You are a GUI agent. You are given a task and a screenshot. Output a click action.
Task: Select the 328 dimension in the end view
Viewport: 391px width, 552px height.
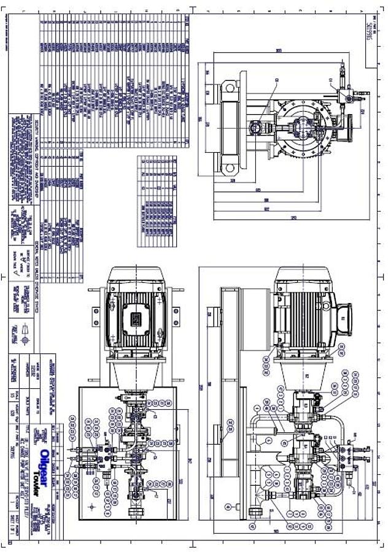[x=233, y=182]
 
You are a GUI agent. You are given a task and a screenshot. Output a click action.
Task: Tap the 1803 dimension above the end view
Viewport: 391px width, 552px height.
[x=279, y=51]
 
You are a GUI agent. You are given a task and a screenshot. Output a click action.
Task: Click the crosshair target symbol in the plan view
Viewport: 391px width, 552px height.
[x=92, y=507]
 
